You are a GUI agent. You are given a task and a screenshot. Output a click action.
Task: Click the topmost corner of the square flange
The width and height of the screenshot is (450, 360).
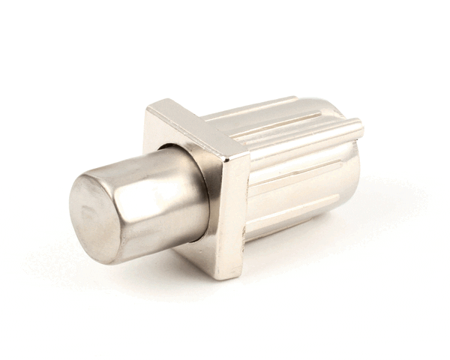point(154,104)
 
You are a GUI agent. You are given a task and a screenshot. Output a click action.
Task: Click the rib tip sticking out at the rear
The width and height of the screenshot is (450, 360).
point(357,129)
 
